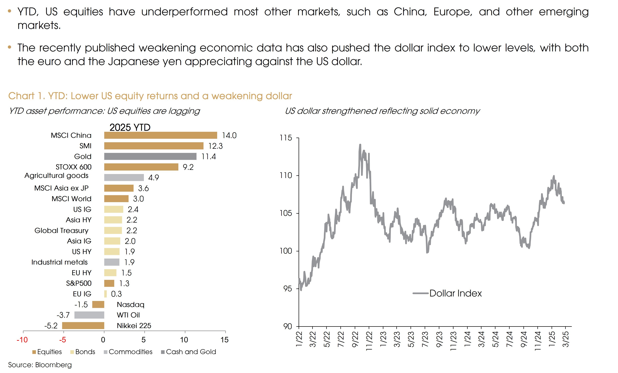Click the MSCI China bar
pyautogui.click(x=161, y=135)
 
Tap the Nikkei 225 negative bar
pyautogui.click(x=83, y=325)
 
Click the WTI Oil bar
pyautogui.click(x=89, y=315)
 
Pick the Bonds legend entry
pyautogui.click(x=85, y=352)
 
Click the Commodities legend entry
pyautogui.click(x=130, y=352)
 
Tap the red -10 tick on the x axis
pyautogui.click(x=22, y=340)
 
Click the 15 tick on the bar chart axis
pyautogui.click(x=224, y=340)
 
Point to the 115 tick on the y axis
pyautogui.click(x=286, y=138)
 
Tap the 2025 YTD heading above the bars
pyautogui.click(x=130, y=127)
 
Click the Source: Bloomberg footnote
pyautogui.click(x=40, y=365)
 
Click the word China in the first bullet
pyautogui.click(x=410, y=12)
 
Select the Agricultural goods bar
pyautogui.click(x=124, y=177)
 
